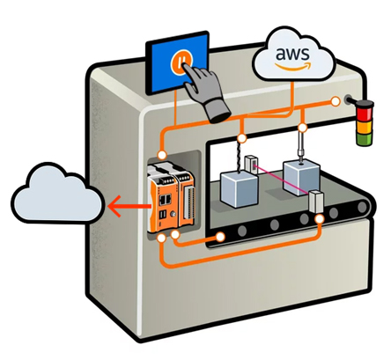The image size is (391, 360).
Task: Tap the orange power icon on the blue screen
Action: [x=181, y=62]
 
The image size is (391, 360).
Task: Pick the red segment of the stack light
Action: [x=361, y=114]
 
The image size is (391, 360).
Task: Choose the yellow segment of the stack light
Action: [x=361, y=127]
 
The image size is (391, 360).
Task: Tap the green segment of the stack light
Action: [x=361, y=139]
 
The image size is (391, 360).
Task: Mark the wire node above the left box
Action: [x=241, y=138]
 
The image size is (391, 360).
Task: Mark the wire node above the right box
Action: [x=302, y=129]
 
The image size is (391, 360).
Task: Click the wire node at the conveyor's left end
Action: [x=220, y=236]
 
